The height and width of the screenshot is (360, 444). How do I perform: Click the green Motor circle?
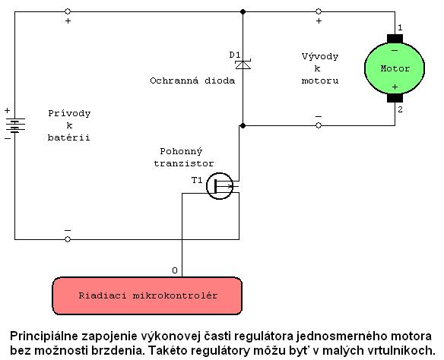(395, 68)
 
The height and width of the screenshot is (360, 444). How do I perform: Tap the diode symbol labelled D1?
(243, 65)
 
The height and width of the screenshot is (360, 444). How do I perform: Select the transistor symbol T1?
(220, 186)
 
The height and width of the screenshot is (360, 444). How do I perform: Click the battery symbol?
(15, 125)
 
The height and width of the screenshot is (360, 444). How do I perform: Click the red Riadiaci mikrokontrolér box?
(147, 295)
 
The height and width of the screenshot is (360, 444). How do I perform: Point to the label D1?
(235, 55)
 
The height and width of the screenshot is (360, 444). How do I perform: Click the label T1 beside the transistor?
(197, 180)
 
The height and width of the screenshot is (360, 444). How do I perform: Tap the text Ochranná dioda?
(192, 81)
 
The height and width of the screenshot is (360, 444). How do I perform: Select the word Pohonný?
(181, 152)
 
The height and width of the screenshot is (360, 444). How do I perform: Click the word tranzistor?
(184, 163)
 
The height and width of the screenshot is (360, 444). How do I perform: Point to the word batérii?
(69, 137)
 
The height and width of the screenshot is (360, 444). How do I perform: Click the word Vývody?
(320, 56)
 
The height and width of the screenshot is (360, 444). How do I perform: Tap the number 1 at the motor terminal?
(400, 27)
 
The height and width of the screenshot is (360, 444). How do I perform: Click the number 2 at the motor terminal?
(400, 109)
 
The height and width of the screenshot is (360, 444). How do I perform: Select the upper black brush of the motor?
(395, 39)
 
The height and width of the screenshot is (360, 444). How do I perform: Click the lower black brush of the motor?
(395, 98)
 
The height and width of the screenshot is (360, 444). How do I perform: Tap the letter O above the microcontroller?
(175, 270)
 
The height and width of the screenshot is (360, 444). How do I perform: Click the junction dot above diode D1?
(243, 11)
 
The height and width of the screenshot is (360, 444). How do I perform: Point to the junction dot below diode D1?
(243, 125)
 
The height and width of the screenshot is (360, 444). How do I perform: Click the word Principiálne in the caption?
(44, 336)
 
